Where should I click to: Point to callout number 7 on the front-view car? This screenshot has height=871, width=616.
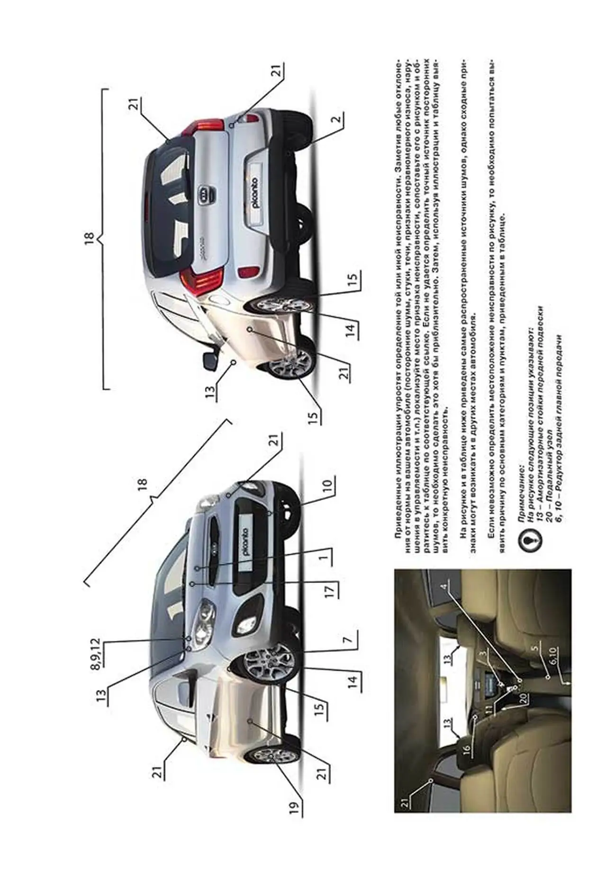coord(349,639)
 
